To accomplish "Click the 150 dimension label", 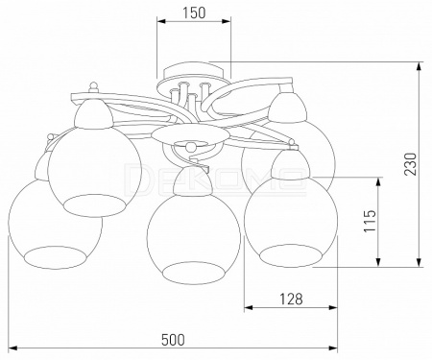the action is coord(193,12).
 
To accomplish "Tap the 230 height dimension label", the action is coord(411,164).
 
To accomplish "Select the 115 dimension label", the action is coord(370,221).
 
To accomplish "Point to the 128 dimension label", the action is coord(291,299).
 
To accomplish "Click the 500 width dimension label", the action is coord(173,340).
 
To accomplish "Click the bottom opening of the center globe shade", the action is coord(192,273).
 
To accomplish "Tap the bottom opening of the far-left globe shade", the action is coord(56,257).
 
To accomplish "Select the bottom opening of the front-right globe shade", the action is coord(290,255).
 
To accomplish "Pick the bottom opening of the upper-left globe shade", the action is coord(94,205).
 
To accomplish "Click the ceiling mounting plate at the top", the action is coord(192,71).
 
